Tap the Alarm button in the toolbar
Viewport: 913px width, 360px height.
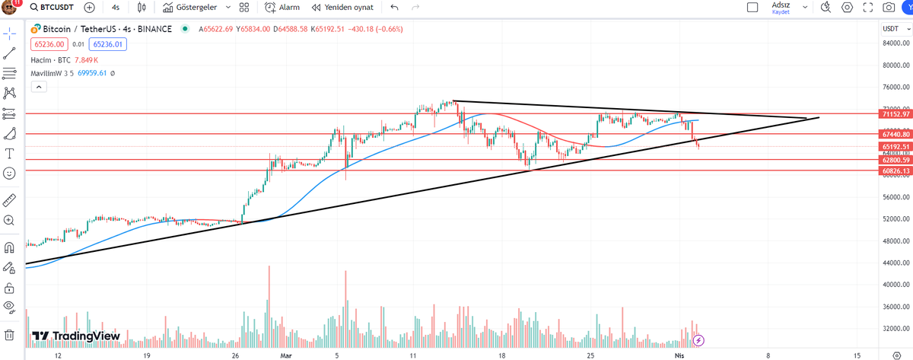coord(283,8)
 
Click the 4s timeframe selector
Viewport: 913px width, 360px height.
coord(115,8)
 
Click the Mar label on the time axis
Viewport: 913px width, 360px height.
coord(286,355)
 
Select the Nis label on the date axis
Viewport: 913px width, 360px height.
coord(679,355)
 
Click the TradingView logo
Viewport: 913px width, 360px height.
coord(76,336)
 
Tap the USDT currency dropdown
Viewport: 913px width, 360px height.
coord(891,29)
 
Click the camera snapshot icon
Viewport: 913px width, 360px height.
coord(888,8)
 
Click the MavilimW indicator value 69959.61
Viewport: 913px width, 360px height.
coord(93,73)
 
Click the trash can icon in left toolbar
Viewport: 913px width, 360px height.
coord(9,334)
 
